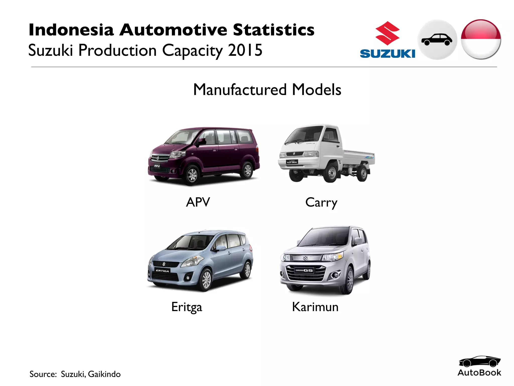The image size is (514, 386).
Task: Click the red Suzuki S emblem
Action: tap(387, 33)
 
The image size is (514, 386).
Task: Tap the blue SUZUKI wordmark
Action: tap(387, 54)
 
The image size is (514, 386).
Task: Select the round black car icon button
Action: tap(437, 40)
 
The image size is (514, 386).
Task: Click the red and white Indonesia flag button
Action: tap(481, 39)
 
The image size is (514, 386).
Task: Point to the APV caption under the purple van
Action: tap(198, 202)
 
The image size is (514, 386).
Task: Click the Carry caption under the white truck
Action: tap(321, 203)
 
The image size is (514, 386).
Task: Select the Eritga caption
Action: tap(186, 307)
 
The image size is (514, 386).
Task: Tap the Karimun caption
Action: tap(315, 307)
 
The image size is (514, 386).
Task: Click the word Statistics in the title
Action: tap(274, 30)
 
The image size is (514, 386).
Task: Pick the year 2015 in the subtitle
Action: tap(245, 50)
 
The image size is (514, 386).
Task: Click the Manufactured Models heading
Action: tap(267, 89)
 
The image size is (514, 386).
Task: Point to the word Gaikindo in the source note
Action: tap(104, 374)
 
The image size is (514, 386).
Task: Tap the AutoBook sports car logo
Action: tap(479, 362)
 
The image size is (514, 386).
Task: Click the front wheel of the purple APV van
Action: tap(192, 174)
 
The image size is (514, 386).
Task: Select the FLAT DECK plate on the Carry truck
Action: tap(292, 162)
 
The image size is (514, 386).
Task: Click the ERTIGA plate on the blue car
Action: tap(162, 271)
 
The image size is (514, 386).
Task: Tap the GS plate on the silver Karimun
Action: tap(304, 270)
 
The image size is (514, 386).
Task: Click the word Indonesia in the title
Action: tap(71, 30)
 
